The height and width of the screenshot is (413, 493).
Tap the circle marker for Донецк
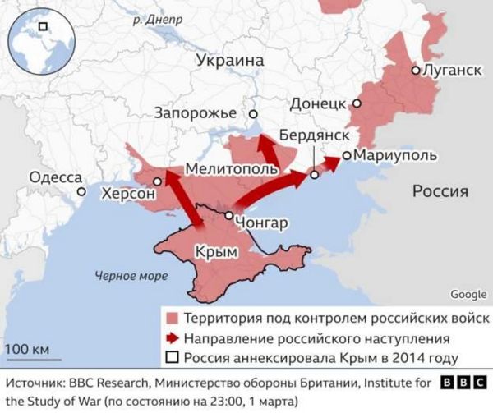(x=357, y=103)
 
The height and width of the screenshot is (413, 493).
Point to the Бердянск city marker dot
(x=314, y=174)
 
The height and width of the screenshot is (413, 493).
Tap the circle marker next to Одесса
(x=82, y=191)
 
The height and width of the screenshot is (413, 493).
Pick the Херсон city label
(x=127, y=194)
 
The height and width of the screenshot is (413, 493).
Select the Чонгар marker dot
(x=228, y=215)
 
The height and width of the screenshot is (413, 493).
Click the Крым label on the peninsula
(x=211, y=252)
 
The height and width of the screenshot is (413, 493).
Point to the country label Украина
(x=230, y=61)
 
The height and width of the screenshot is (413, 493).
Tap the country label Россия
(x=440, y=191)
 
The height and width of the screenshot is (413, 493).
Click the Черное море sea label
(x=131, y=276)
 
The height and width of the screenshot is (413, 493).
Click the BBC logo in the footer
(x=463, y=383)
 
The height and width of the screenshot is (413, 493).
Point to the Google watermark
(x=468, y=295)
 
